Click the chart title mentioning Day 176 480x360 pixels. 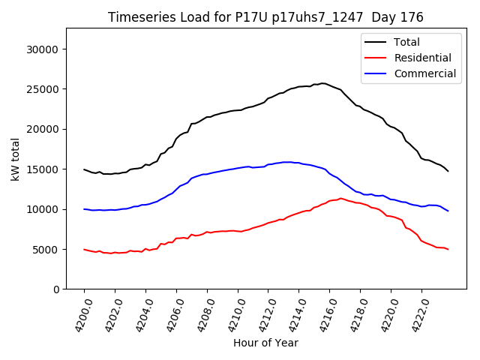point(265,17)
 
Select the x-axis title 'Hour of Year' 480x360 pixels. point(265,343)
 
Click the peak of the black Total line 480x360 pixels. point(322,83)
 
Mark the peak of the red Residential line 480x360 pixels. point(340,198)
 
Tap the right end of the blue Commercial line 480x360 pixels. point(448,211)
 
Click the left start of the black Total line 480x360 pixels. point(84,169)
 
